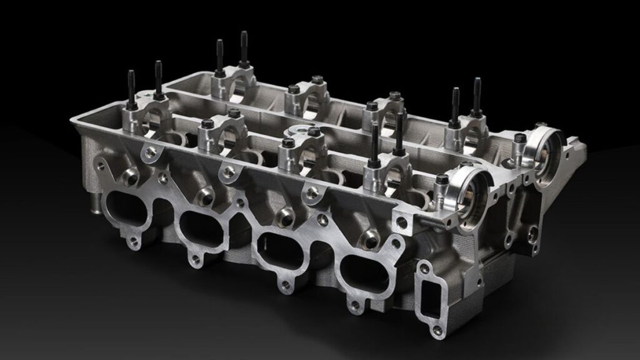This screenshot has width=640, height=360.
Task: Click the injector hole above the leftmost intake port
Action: coord(131,176)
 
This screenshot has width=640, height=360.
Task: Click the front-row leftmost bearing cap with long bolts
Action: coord(143,112)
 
